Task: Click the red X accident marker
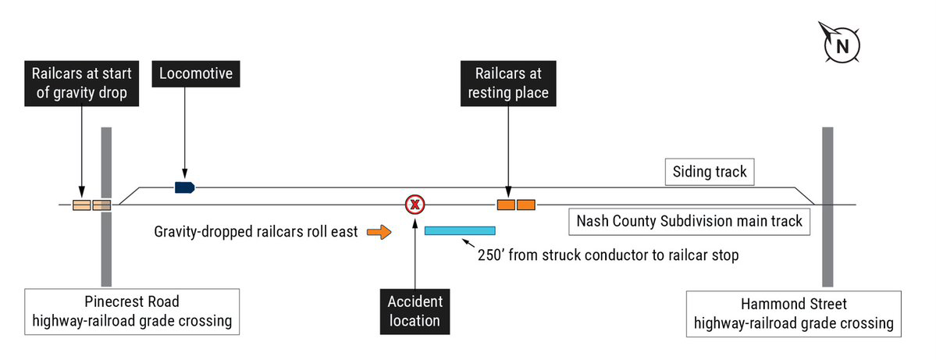(x=415, y=205)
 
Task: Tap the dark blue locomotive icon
(x=184, y=187)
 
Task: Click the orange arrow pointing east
(x=379, y=231)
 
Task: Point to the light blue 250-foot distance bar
(x=460, y=230)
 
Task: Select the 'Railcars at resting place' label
(x=508, y=83)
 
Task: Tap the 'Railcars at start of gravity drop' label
(x=81, y=83)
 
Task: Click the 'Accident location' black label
(x=415, y=311)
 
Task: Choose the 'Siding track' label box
(x=709, y=172)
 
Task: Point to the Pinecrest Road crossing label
(x=130, y=311)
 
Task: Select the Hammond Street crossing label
(x=793, y=314)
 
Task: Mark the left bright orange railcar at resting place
(x=507, y=205)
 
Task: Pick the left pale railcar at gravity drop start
(x=82, y=205)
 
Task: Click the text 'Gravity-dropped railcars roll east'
(x=256, y=232)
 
